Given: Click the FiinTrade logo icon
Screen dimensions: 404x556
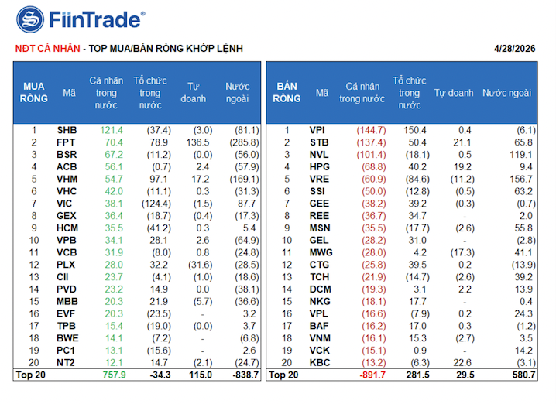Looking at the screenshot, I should [30, 19].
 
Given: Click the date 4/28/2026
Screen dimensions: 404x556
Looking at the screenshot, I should [515, 48].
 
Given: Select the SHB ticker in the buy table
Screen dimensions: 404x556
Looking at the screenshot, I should [67, 130].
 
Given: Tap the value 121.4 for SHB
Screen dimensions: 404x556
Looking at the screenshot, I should [112, 130].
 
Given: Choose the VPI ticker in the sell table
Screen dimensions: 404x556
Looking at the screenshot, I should [318, 130].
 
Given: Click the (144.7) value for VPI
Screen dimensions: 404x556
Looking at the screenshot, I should [371, 130].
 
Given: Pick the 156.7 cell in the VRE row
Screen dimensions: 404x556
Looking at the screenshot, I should [519, 179].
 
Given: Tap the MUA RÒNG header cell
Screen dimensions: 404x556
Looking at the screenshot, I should [34, 92].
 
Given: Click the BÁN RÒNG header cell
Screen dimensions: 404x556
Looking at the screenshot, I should [287, 92].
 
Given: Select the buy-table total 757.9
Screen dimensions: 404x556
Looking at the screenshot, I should [113, 375].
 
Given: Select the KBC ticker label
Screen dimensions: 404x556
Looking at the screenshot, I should [319, 363].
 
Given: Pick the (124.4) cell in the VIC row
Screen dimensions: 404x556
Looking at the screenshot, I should [155, 204].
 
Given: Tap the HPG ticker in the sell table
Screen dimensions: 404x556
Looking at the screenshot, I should [319, 166].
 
